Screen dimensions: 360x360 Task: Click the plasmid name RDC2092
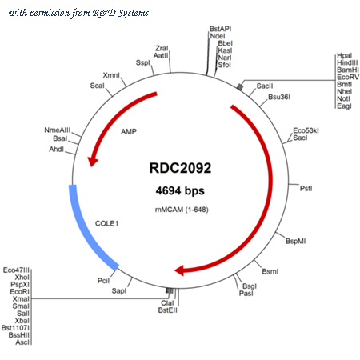pyautogui.click(x=180, y=168)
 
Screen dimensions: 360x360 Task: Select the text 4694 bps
pyautogui.click(x=180, y=191)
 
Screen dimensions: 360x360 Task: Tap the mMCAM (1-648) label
pyautogui.click(x=182, y=210)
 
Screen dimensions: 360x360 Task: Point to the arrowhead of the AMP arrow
pyautogui.click(x=92, y=161)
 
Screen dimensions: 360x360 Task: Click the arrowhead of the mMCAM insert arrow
pyautogui.click(x=179, y=270)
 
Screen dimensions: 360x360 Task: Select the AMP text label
pyautogui.click(x=129, y=131)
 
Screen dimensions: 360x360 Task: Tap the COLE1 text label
pyautogui.click(x=106, y=223)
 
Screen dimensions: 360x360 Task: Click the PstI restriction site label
pyautogui.click(x=306, y=189)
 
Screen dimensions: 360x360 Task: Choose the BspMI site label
pyautogui.click(x=295, y=241)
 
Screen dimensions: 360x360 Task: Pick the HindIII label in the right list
pyautogui.click(x=347, y=62)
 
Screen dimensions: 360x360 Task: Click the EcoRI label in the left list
pyautogui.click(x=20, y=292)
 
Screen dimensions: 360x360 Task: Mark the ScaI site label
pyautogui.click(x=97, y=86)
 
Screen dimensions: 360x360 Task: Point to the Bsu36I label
pyautogui.click(x=279, y=97)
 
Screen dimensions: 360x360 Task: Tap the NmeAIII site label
pyautogui.click(x=58, y=130)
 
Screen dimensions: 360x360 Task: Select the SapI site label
pyautogui.click(x=119, y=291)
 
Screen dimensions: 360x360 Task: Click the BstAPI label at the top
pyautogui.click(x=220, y=29)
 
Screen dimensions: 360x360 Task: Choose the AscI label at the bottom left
pyautogui.click(x=22, y=342)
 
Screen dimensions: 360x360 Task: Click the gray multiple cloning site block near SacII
pyautogui.click(x=240, y=86)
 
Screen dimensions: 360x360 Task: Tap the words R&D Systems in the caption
pyautogui.click(x=121, y=13)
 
